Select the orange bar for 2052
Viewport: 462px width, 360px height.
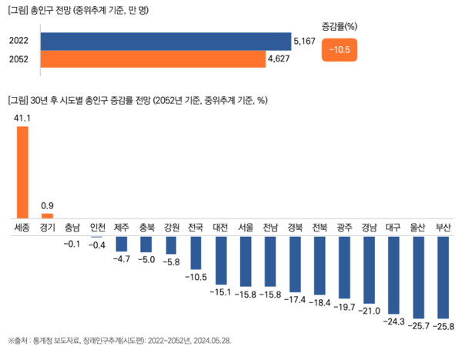152,58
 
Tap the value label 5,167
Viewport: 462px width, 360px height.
303,41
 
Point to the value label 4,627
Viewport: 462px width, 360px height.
278,58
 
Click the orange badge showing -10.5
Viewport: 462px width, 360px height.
339,51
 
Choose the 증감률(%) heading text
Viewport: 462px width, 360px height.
339,25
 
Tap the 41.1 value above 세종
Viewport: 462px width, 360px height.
22,118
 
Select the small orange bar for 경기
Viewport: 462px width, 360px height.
47,215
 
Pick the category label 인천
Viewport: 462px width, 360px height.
97,227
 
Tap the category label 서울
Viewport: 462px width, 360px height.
246,227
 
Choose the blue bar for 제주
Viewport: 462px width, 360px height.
122,243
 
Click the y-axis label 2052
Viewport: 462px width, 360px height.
19,58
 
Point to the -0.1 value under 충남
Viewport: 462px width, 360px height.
72,244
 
